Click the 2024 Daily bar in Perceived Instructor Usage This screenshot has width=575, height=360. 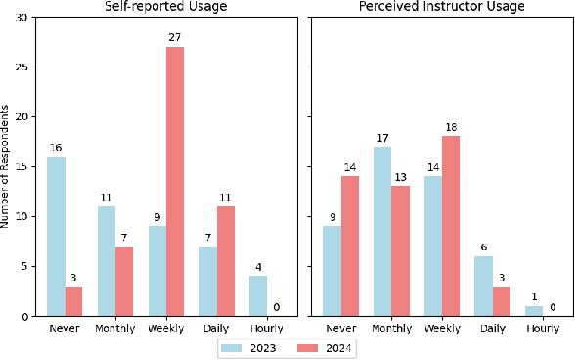pyautogui.click(x=502, y=301)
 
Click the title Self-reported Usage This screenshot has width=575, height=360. pyautogui.click(x=161, y=8)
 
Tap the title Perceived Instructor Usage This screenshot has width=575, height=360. pyautogui.click(x=442, y=8)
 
